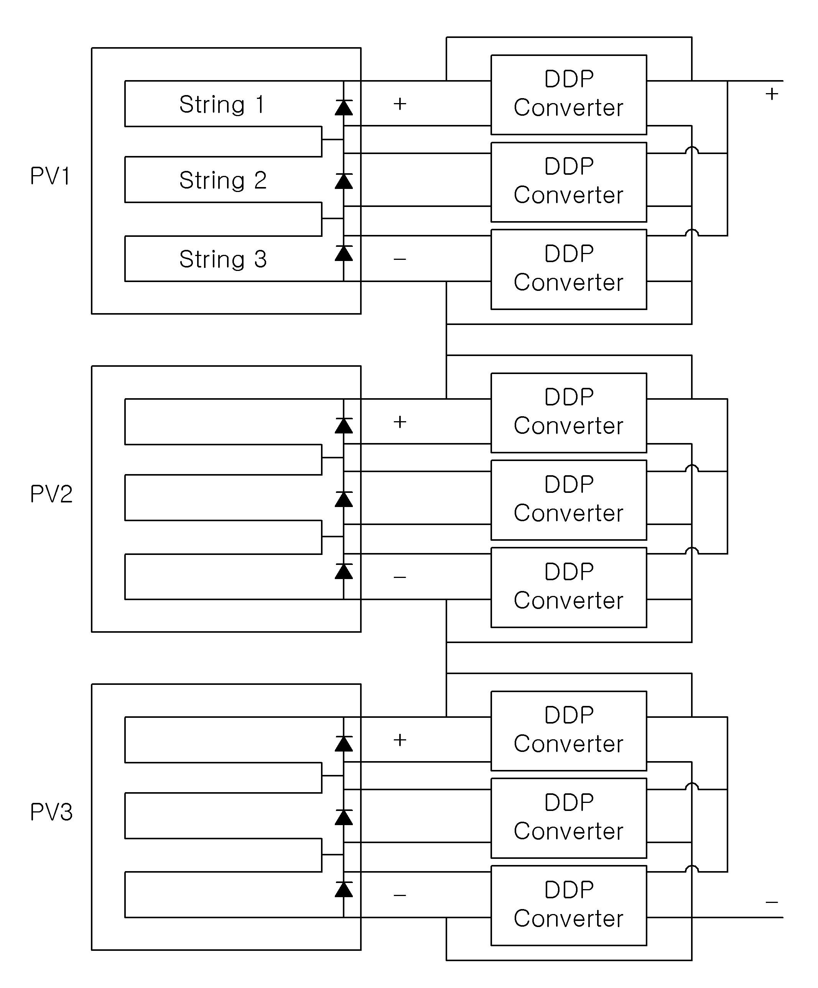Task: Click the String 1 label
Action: [x=222, y=105]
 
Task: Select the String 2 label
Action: [x=223, y=180]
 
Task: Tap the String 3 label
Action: [x=223, y=259]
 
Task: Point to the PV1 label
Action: [x=50, y=176]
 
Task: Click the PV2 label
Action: [x=51, y=494]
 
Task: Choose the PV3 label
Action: [x=51, y=812]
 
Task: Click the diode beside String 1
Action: [x=344, y=108]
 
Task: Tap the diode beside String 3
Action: [x=344, y=253]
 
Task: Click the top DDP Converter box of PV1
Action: [x=569, y=95]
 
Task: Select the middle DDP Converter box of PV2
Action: [x=569, y=500]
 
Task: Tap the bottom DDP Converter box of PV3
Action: [x=569, y=905]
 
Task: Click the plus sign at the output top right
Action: [x=772, y=94]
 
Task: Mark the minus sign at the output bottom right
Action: [x=772, y=902]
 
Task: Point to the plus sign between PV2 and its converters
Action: [x=400, y=422]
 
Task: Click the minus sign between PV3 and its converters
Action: [x=400, y=895]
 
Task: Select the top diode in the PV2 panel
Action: [x=344, y=426]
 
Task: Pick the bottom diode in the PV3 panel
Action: [x=344, y=890]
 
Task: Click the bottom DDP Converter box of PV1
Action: [x=569, y=269]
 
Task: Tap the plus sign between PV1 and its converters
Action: [x=400, y=103]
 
